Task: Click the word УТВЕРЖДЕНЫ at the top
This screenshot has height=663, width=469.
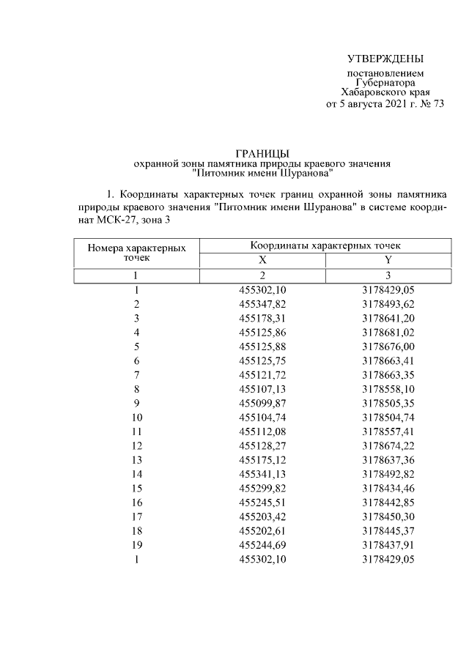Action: [x=385, y=59]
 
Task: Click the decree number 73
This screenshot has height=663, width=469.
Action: [x=437, y=104]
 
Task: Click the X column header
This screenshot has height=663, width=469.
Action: [x=262, y=260]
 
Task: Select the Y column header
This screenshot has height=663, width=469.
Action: [x=388, y=260]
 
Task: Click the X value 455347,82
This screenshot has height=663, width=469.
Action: [x=262, y=303]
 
